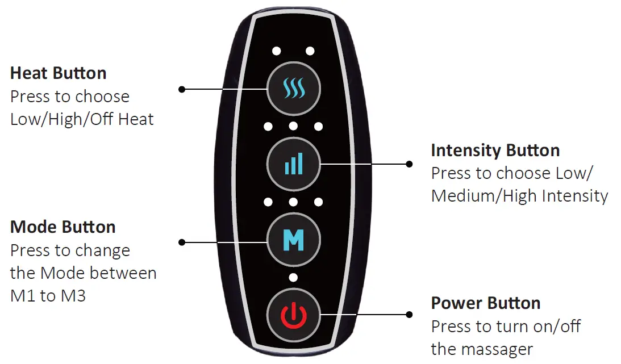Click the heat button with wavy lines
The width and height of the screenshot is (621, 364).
[294, 89]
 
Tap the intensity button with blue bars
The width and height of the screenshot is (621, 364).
[294, 164]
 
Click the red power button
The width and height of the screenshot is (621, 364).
[294, 314]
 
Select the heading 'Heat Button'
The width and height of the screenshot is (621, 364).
[59, 73]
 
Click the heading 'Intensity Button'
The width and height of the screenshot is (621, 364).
[495, 150]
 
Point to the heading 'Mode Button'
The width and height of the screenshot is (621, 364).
[63, 227]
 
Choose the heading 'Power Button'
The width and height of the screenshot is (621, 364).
[485, 303]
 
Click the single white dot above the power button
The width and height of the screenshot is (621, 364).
[293, 278]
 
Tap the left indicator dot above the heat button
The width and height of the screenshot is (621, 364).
[276, 51]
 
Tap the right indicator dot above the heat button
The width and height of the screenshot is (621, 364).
[310, 51]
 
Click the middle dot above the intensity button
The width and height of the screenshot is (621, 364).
[293, 125]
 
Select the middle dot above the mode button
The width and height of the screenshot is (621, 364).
[293, 202]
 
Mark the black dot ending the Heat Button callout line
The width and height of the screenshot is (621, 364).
[182, 89]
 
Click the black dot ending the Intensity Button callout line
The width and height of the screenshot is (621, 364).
[409, 164]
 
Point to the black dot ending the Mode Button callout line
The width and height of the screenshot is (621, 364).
[182, 242]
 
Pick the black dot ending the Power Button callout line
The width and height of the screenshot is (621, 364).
[409, 314]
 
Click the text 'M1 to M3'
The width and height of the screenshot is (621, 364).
[48, 296]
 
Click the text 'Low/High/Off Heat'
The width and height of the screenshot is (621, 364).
[82, 119]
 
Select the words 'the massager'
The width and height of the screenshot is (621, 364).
[482, 349]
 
